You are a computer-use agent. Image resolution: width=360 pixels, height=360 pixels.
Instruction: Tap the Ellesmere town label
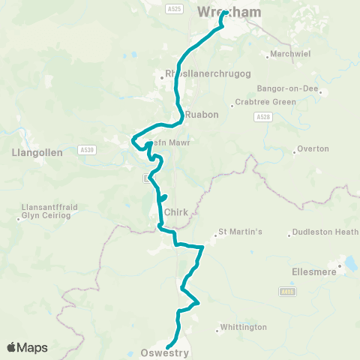pos(313,272)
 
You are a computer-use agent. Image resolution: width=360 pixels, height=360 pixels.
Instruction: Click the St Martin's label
pos(239,232)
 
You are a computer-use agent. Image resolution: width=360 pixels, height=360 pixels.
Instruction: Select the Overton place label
pos(313,148)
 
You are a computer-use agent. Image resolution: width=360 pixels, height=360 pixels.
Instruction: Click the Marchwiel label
pos(289,55)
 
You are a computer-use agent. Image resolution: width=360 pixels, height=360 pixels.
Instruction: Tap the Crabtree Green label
pos(259,103)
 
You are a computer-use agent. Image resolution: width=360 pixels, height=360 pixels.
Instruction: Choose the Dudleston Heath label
pos(325,232)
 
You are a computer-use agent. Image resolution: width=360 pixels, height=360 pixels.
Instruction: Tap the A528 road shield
pos(262,117)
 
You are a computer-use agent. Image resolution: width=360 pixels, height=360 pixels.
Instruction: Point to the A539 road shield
pos(88,150)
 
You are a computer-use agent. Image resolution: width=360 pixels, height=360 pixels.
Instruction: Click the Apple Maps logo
pos(27,347)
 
